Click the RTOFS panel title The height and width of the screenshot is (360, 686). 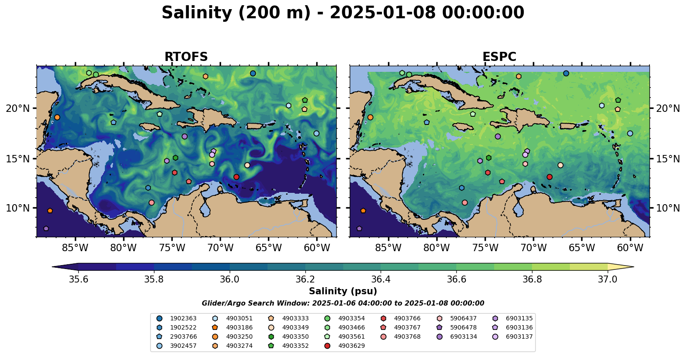[186, 57]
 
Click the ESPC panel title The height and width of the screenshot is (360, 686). [499, 57]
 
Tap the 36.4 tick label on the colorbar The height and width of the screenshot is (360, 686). [381, 279]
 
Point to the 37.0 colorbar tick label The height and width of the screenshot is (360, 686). [607, 279]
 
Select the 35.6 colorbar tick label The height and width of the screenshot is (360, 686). [79, 279]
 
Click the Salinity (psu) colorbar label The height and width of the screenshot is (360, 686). [343, 291]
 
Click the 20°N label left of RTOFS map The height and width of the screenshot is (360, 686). [18, 108]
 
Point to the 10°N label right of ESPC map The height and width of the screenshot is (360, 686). [668, 208]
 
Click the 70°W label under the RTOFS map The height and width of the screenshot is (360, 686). [220, 248]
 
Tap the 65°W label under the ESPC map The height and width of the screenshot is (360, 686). [582, 248]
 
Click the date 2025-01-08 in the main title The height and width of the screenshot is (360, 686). [382, 13]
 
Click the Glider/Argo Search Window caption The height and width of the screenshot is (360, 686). [343, 303]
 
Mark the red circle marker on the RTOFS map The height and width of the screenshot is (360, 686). [236, 177]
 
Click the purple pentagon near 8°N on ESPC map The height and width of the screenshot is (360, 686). [359, 229]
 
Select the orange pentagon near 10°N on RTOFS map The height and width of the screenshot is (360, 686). [50, 211]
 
